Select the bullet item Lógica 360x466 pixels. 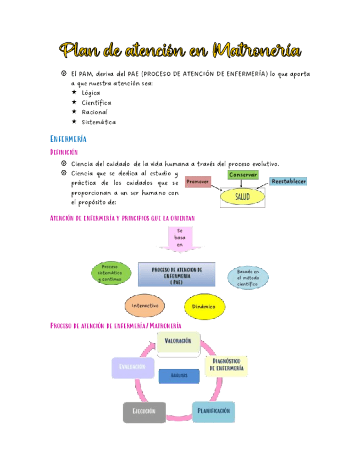(x=91, y=93)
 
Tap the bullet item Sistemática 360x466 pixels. (x=98, y=122)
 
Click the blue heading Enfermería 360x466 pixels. (x=68, y=139)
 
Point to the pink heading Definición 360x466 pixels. (x=64, y=152)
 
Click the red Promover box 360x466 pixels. (x=198, y=181)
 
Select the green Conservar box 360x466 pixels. (x=243, y=175)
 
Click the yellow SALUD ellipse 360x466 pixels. (x=242, y=197)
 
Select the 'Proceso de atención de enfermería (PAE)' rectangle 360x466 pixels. (x=177, y=273)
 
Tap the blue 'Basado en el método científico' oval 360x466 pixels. (x=248, y=278)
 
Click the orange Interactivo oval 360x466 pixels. (x=145, y=306)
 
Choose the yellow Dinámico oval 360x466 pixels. (x=204, y=307)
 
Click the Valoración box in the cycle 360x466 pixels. (x=178, y=341)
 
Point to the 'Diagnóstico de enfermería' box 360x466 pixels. (x=225, y=364)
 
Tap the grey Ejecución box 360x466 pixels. (x=144, y=411)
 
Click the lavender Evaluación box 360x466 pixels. (x=132, y=367)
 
